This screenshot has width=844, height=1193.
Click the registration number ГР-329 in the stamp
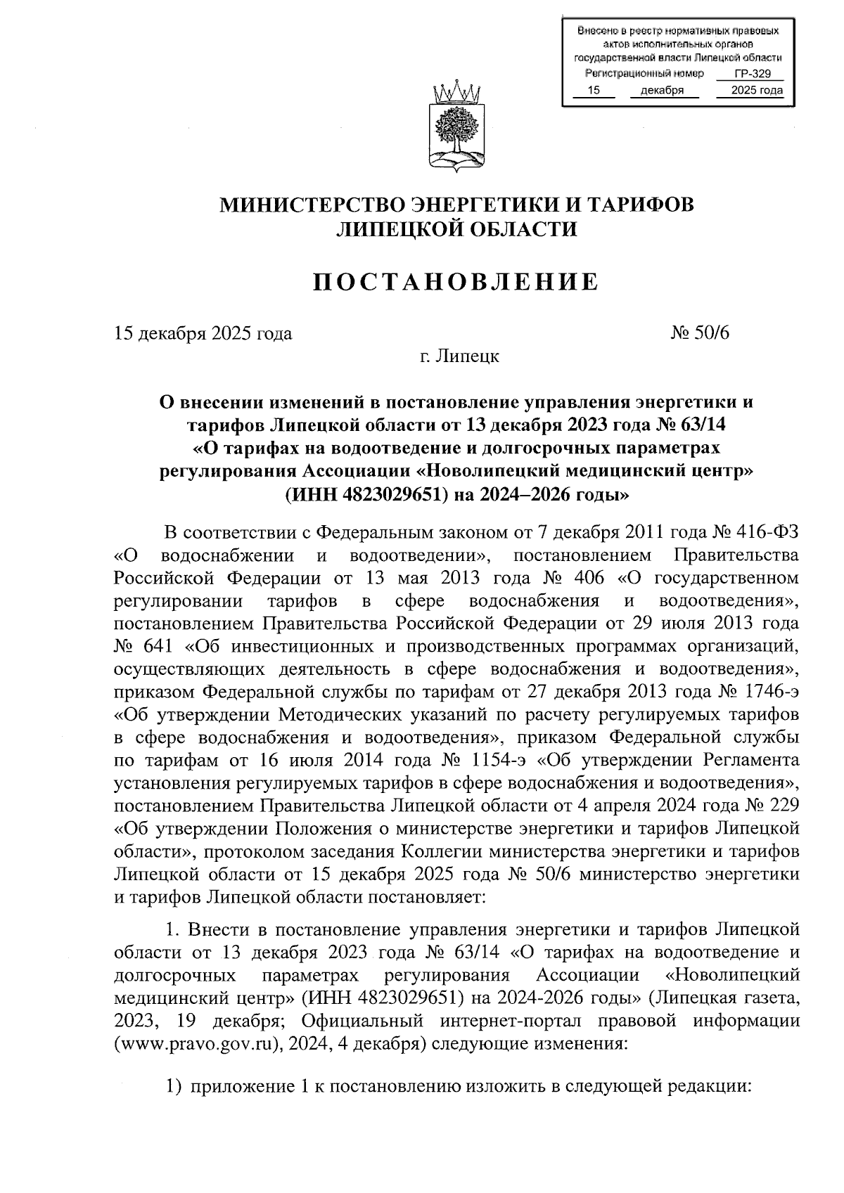click(x=750, y=74)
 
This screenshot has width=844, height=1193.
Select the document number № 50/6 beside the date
click(x=701, y=333)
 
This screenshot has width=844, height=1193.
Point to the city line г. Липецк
click(x=456, y=356)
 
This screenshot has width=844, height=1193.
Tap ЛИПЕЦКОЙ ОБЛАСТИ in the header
click(x=456, y=228)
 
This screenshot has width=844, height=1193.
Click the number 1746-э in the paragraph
click(x=767, y=692)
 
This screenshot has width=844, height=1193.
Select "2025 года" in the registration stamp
click(x=756, y=90)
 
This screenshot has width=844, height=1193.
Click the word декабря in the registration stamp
click(x=662, y=90)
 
